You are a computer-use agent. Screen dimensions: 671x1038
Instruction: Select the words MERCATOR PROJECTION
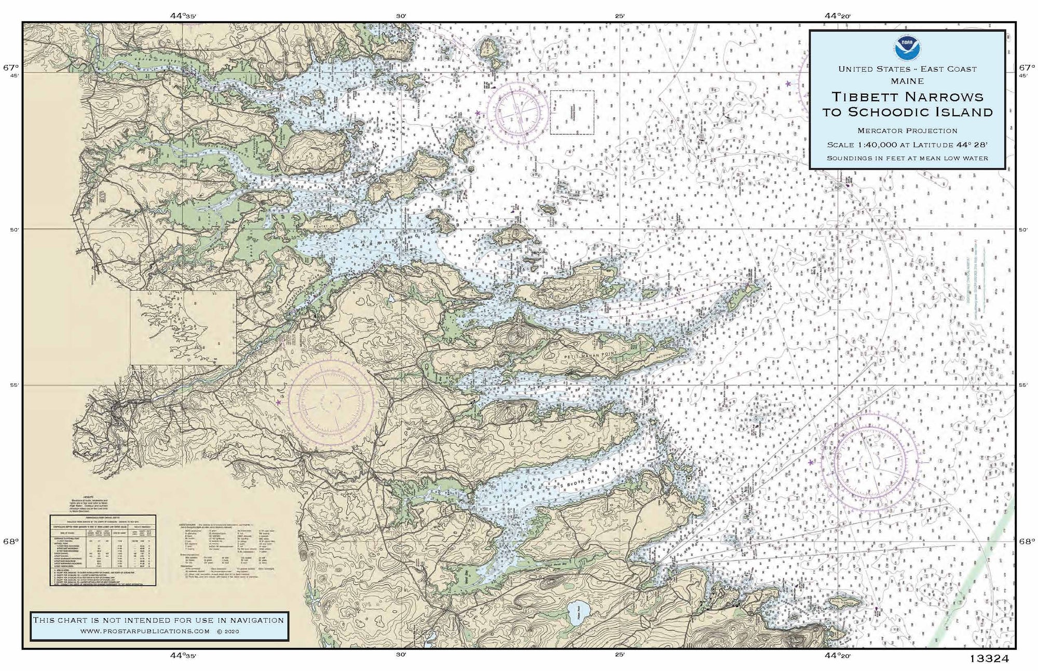click(907, 131)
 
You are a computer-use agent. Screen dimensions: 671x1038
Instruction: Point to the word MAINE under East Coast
click(907, 81)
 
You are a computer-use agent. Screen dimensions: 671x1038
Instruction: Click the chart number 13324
click(988, 659)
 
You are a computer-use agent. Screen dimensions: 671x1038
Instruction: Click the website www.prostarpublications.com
click(145, 631)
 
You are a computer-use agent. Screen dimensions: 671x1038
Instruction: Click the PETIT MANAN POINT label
click(592, 357)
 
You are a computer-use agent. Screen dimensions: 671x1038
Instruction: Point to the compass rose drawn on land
click(331, 401)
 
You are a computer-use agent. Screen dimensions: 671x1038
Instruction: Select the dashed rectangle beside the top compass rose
click(572, 113)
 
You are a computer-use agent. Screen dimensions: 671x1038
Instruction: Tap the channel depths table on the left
click(103, 550)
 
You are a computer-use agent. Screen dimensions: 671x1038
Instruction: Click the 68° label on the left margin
click(11, 541)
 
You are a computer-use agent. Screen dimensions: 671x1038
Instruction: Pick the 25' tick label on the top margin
click(620, 16)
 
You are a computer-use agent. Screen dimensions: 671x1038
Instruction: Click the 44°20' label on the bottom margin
click(838, 655)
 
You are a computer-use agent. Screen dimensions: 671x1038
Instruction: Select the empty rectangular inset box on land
click(183, 327)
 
